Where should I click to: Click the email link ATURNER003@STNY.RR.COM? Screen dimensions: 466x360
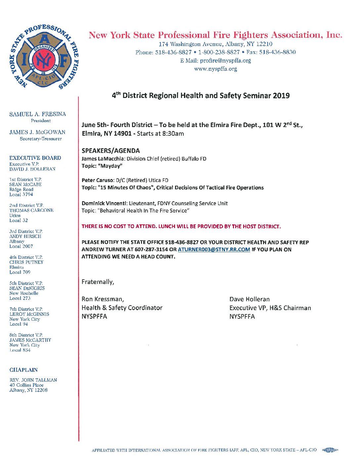pos(214,250)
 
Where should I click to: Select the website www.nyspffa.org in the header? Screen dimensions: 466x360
pos(215,69)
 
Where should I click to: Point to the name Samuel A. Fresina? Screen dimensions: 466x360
pos(37,114)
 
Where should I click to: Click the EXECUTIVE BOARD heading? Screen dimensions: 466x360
pos(35,158)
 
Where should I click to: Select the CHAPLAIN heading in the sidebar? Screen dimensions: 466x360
pos(23,370)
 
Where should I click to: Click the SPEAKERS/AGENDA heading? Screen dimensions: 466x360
pos(111,151)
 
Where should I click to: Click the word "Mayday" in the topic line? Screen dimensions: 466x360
pos(110,166)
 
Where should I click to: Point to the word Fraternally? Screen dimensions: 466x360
pos(98,282)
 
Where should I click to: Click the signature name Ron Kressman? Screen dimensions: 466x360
pos(103,299)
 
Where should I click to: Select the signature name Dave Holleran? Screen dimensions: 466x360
pos(249,299)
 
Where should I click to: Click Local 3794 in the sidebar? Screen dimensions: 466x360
pos(21,195)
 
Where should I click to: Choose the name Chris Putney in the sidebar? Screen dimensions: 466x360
pos(26,262)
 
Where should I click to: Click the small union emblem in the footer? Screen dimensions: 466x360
pos(330,450)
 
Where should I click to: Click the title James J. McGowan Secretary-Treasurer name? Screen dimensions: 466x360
pos(37,132)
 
